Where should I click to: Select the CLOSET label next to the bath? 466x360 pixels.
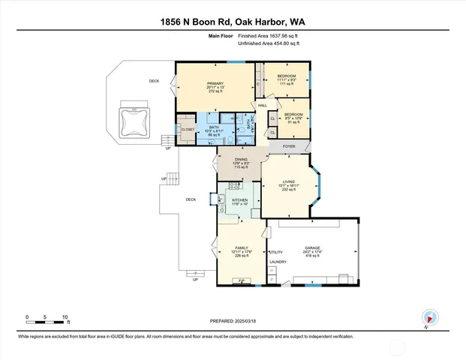click(x=188, y=130)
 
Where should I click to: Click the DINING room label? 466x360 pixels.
click(x=241, y=159)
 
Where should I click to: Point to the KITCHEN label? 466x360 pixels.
click(x=240, y=200)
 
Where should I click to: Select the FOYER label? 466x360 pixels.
click(x=289, y=147)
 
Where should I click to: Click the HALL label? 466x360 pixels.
click(x=263, y=106)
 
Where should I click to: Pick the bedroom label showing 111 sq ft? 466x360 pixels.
click(x=287, y=76)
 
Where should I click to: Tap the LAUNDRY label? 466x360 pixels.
click(x=278, y=262)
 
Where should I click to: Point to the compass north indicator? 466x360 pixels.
click(x=429, y=317)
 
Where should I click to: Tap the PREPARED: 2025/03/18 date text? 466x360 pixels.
click(x=233, y=321)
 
